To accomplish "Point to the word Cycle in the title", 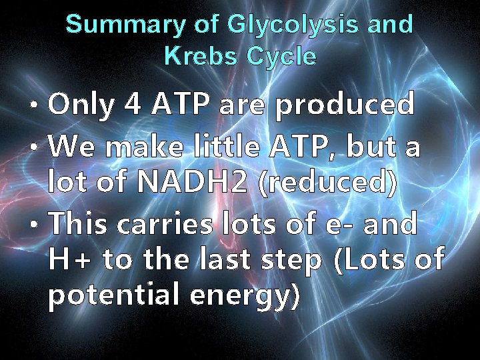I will coord(281,57).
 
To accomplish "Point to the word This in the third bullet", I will coord(79,224).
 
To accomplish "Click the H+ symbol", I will coord(70,261).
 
